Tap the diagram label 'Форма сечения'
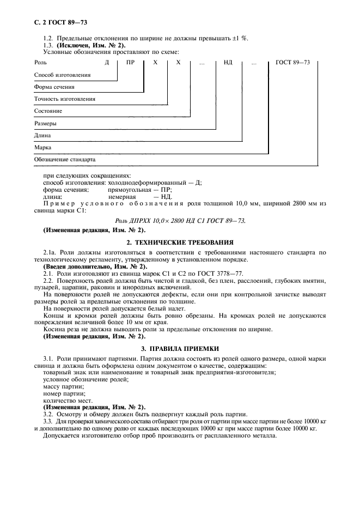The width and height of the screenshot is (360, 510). [54, 87]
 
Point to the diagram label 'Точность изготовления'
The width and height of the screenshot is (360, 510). [64, 99]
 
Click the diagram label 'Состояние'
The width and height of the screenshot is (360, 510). [48, 111]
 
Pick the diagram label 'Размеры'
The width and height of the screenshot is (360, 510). [45, 124]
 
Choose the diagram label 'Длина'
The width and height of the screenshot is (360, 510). [42, 136]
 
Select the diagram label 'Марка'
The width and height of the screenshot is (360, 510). [42, 148]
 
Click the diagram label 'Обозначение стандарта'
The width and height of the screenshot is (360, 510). [64, 160]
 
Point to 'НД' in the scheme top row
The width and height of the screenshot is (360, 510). [228, 63]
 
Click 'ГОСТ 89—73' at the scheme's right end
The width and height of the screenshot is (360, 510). [293, 63]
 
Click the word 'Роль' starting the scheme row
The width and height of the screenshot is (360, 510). [40, 63]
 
